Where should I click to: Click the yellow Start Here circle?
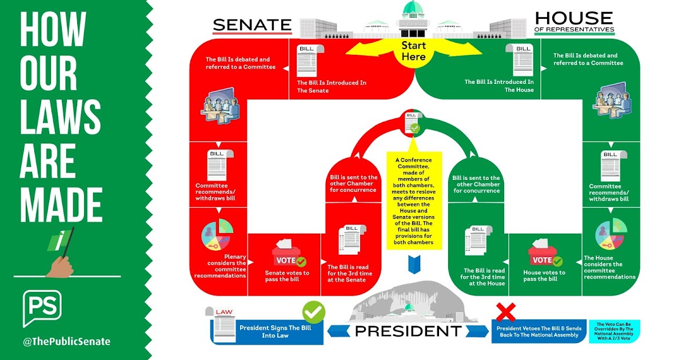(x=413, y=52)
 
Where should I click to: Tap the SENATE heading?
(x=252, y=25)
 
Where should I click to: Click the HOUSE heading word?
(x=574, y=18)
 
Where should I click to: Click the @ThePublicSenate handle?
(x=66, y=341)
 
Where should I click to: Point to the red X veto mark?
(x=505, y=312)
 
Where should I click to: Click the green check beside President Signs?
(x=314, y=312)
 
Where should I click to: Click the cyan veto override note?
(x=614, y=331)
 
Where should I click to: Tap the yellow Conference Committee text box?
(x=414, y=201)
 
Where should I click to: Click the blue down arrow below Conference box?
(x=414, y=265)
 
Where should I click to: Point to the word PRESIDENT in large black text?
(x=408, y=331)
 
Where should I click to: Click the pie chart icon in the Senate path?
(x=217, y=234)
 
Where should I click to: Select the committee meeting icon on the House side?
(x=612, y=100)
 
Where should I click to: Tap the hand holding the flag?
(x=60, y=267)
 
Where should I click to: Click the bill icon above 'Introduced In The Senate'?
(x=310, y=61)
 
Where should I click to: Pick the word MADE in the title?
(x=61, y=205)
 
